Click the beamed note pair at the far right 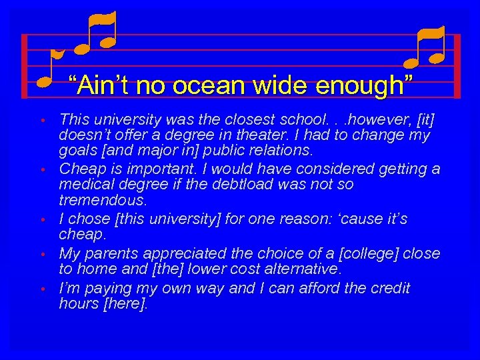pos(425,48)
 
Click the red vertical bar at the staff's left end pos(24,66)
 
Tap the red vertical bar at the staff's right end pos(457,66)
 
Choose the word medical pos(84,184)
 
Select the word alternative pos(303,269)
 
